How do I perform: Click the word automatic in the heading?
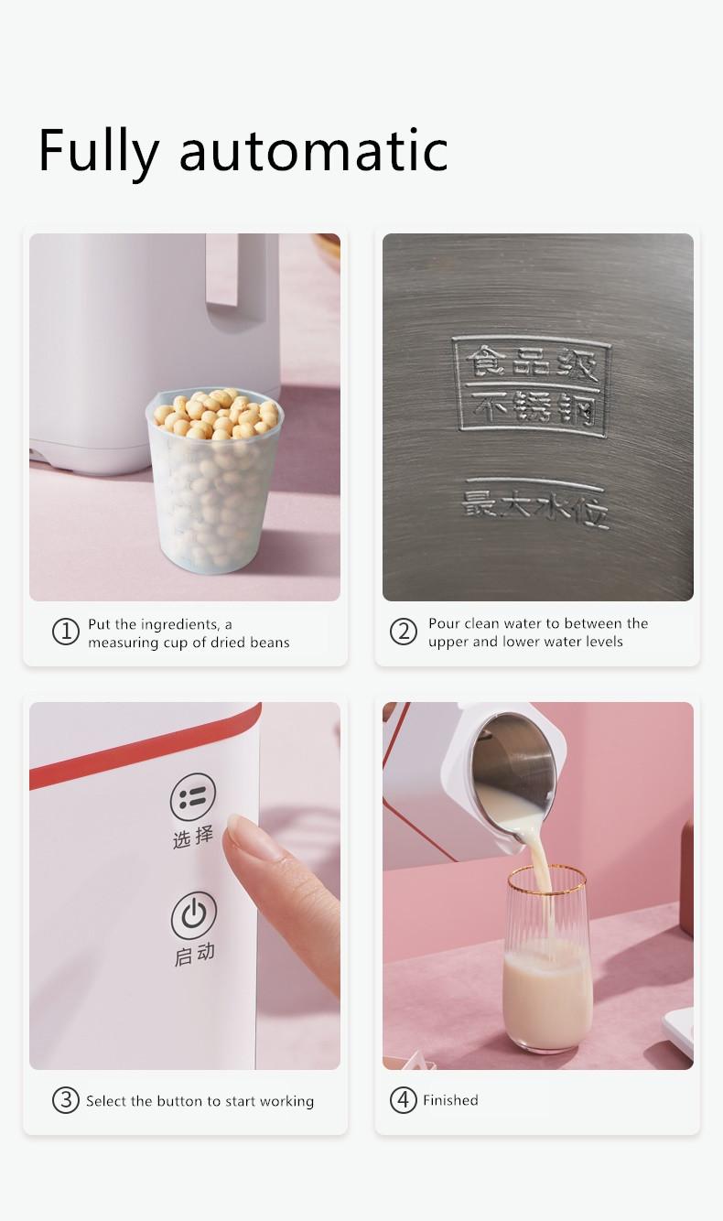[x=313, y=151]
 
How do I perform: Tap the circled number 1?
[x=65, y=632]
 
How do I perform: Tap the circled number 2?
[x=403, y=632]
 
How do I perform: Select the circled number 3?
[x=65, y=1100]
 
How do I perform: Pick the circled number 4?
[x=403, y=1100]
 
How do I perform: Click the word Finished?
[x=450, y=1100]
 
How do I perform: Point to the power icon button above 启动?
[x=193, y=914]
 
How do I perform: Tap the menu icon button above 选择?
[x=193, y=797]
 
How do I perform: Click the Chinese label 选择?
[x=193, y=837]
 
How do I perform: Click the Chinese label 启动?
[x=194, y=954]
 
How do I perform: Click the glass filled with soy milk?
[x=547, y=961]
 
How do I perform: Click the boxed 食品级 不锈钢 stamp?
[x=531, y=385]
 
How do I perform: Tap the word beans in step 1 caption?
[x=268, y=643]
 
